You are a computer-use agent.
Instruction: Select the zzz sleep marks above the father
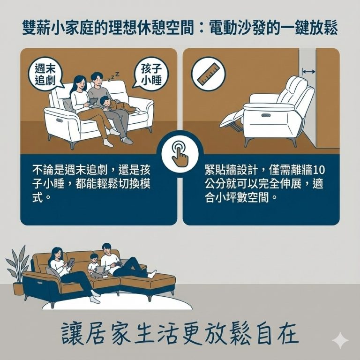coord(114,76)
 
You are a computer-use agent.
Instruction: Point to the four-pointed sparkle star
coord(340,341)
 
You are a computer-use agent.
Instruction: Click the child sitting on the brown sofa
coord(94,265)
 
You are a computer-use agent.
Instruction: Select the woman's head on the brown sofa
coord(55,254)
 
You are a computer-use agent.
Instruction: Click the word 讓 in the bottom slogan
coord(73,334)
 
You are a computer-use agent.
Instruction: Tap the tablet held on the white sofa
coord(92,100)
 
